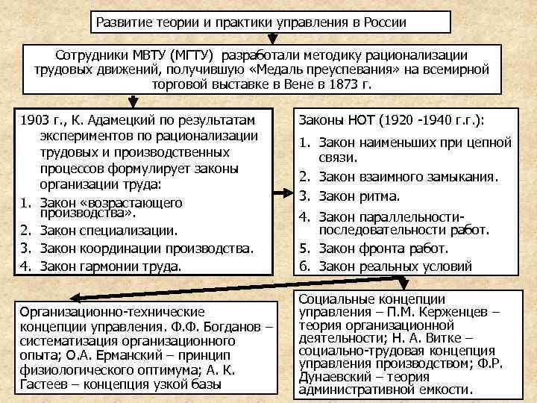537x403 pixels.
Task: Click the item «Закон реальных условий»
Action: tap(395, 265)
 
